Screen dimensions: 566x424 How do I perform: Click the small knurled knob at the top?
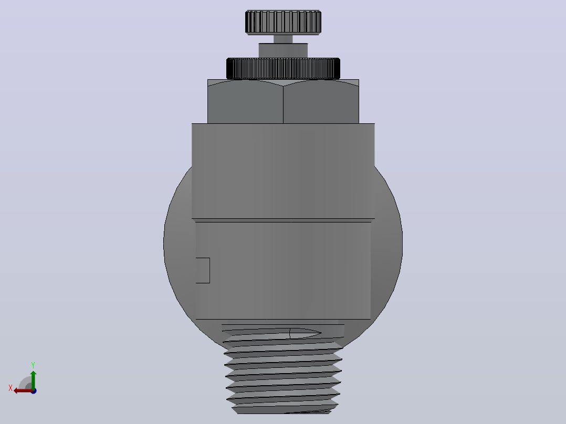coord(283,23)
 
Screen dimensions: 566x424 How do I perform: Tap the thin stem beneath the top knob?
coord(283,39)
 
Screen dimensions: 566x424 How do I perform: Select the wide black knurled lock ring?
coord(283,69)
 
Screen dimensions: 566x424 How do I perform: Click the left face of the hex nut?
coord(246,103)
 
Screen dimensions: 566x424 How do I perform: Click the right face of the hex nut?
coord(321,103)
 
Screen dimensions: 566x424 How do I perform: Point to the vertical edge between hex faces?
coord(284,104)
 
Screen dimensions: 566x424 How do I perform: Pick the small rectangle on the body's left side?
coord(203,270)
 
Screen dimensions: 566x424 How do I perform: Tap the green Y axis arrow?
coord(33,380)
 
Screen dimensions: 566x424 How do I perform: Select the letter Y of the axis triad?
coord(33,365)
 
